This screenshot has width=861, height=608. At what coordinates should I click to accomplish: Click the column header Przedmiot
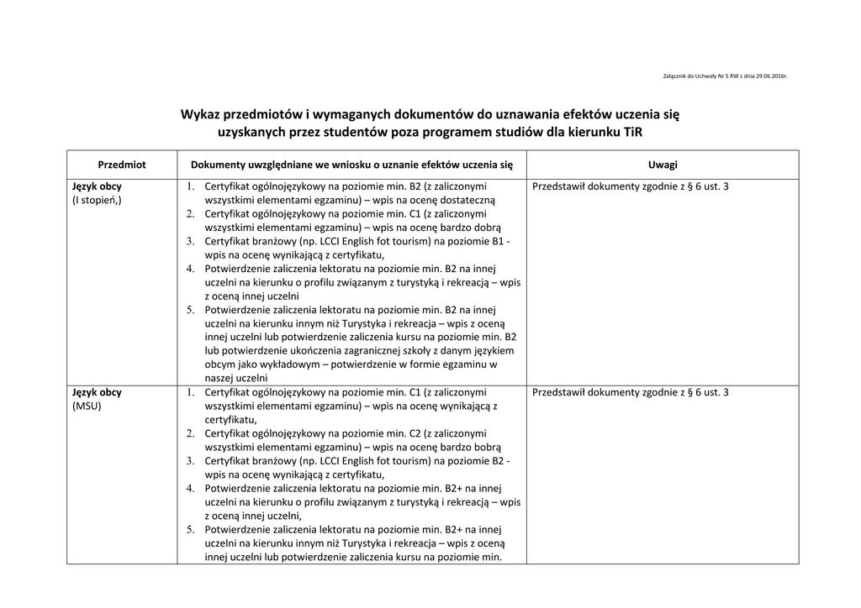(122, 165)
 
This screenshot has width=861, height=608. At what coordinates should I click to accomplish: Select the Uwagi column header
(663, 165)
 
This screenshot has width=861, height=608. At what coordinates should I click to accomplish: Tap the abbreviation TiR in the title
(642, 133)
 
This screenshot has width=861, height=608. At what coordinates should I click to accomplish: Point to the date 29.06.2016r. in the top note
(771, 76)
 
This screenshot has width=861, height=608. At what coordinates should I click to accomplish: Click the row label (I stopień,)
(97, 201)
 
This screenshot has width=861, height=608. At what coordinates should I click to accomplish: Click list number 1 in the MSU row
(190, 392)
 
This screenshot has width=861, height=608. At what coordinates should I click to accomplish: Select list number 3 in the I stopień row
(190, 241)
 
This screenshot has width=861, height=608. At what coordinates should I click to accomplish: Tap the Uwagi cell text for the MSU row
(630, 392)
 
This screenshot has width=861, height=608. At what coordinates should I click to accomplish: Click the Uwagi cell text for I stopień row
(630, 186)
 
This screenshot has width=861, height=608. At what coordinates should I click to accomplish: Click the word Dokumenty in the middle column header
(218, 165)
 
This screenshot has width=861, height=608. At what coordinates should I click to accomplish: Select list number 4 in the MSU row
(190, 488)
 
